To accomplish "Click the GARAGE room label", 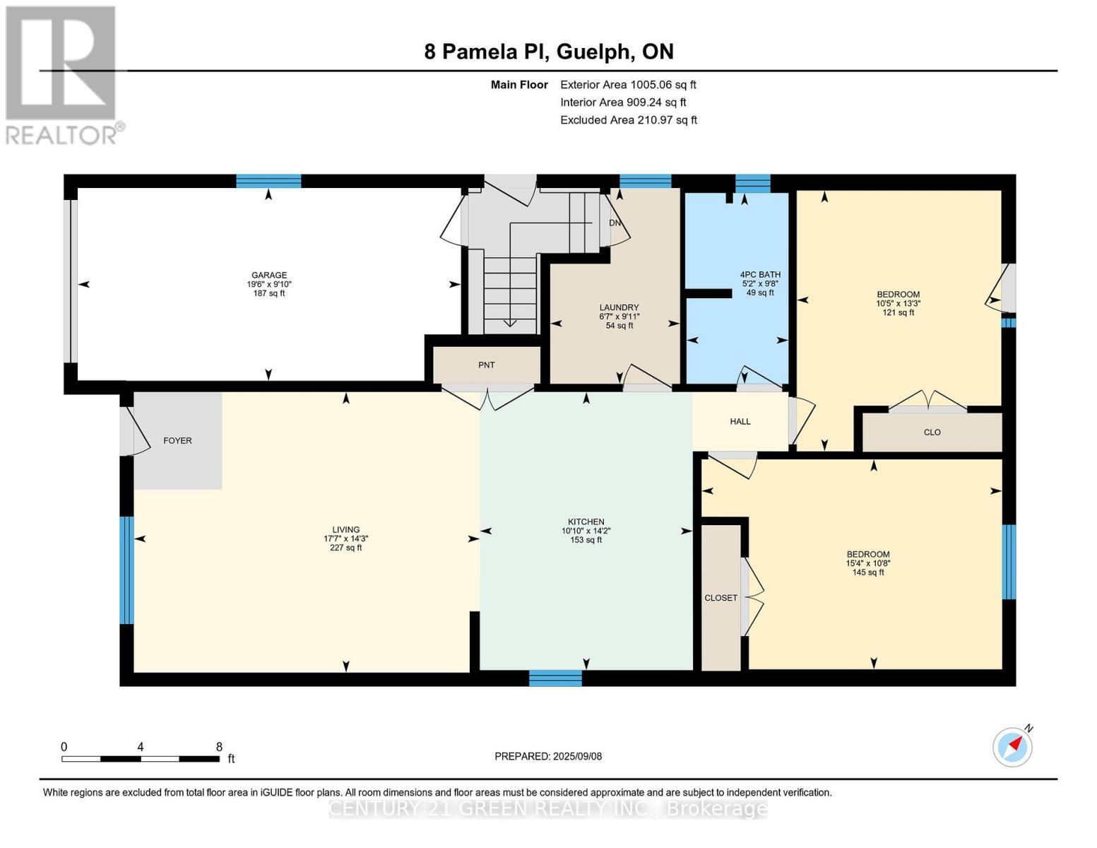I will coord(269,275).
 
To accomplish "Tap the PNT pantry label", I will coord(486,365).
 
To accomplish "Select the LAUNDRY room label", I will coord(619,307).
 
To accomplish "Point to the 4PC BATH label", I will coord(760,275).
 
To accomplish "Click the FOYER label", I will coord(177,440).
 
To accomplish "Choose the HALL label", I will coord(740,421).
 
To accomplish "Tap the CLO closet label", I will coord(932,432).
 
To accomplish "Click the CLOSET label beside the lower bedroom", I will coord(721,598).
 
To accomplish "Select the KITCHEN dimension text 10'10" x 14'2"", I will coord(586,531).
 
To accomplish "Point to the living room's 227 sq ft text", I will coord(345,548).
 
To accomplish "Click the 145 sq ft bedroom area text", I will coord(867,572).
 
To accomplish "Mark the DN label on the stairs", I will coord(615,223).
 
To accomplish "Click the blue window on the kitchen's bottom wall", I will coord(556,678).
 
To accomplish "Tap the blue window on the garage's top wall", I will coord(268,181).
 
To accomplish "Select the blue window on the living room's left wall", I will coord(126,570).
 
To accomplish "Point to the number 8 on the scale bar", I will coord(219,747).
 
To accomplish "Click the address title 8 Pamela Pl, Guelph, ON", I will coord(549,52).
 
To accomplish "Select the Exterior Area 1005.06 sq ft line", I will coord(628,85).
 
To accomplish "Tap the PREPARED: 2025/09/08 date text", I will coord(548,756).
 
